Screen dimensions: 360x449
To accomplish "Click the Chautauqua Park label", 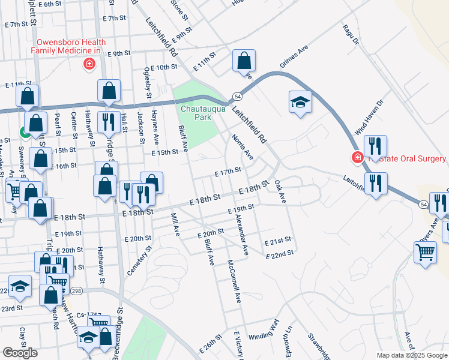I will pos(196,112).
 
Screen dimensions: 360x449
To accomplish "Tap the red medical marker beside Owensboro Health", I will pos(89,64).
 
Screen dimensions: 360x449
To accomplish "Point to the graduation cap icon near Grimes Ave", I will pos(300,102).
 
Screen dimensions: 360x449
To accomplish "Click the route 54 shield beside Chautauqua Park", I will pos(238,96).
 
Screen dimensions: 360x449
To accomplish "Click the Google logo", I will pos(20,353).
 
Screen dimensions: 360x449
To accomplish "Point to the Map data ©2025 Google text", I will pos(411,355).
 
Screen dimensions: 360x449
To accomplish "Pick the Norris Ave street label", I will pos(243,147).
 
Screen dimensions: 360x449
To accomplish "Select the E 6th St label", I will pos(51,4).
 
